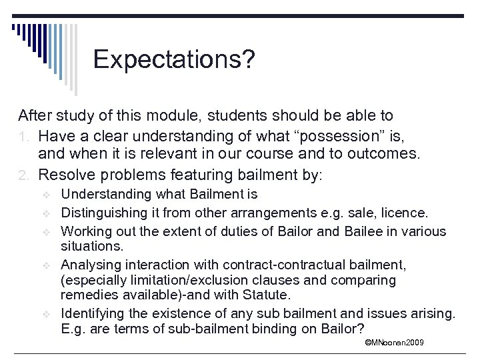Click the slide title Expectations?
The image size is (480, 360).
[174, 59]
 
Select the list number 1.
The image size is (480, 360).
[26, 135]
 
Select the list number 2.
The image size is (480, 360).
[26, 175]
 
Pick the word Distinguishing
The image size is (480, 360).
[101, 213]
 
